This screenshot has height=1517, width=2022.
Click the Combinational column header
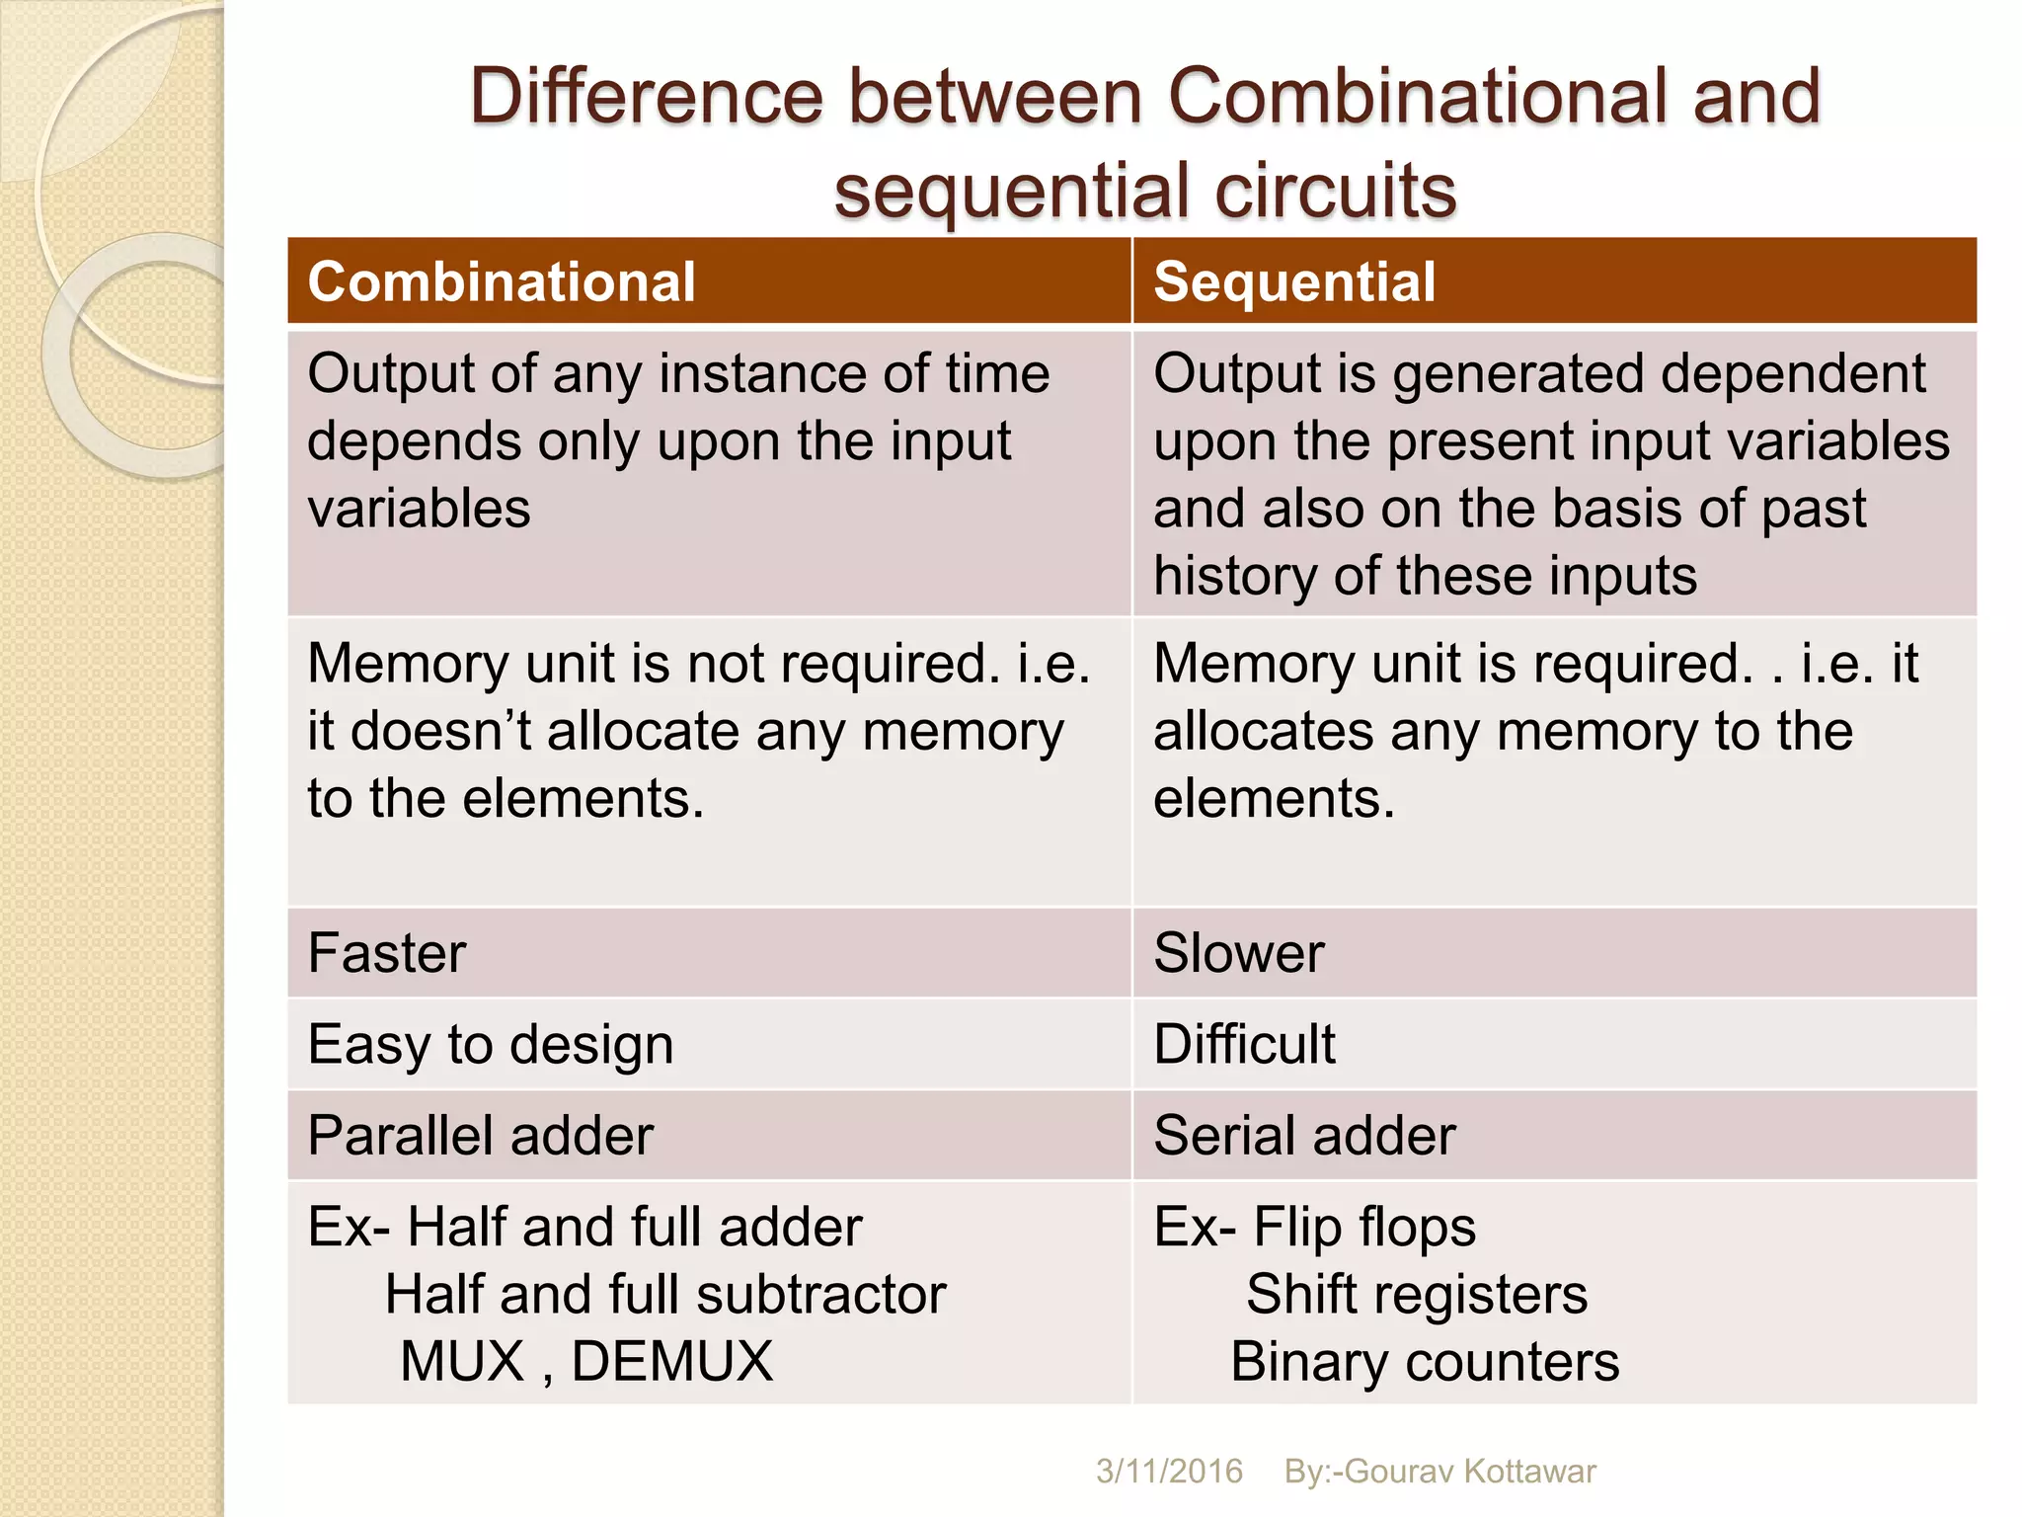coord(502,282)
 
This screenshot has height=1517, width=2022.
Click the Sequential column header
coord(1294,282)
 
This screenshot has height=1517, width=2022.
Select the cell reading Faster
coord(387,953)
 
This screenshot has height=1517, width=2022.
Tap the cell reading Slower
coord(1238,953)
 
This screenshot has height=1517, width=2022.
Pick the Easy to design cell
coord(491,1044)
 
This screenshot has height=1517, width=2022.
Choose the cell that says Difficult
coord(1244,1044)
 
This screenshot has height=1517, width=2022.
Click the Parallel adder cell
coord(481,1135)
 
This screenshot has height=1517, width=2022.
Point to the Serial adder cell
coord(1304,1135)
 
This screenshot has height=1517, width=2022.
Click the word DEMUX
coord(671,1361)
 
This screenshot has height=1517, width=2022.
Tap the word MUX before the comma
coord(462,1361)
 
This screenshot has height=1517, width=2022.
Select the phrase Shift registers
coord(1417,1294)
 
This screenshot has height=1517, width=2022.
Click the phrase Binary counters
coord(1425,1361)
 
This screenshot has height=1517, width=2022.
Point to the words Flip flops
coord(1364,1227)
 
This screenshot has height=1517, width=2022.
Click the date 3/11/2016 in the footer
coord(1169,1472)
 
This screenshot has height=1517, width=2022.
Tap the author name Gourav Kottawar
coord(1470,1472)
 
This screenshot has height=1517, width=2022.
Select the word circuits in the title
coord(1335,190)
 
